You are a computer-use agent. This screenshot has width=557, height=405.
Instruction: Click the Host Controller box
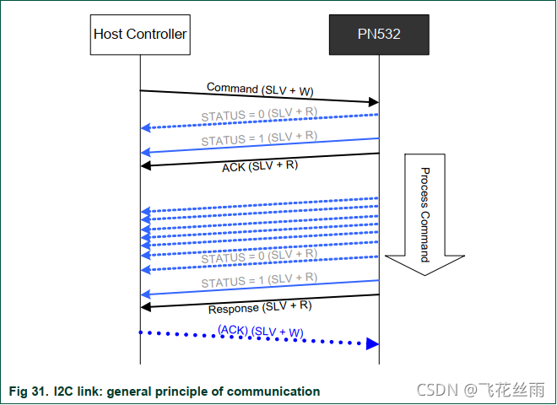[139, 35]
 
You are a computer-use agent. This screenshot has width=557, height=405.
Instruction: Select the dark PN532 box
[379, 35]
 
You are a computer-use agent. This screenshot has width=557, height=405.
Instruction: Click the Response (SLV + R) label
[260, 307]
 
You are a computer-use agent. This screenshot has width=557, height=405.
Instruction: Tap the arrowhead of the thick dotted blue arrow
[372, 343]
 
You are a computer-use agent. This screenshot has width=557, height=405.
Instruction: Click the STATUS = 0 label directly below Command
[259, 114]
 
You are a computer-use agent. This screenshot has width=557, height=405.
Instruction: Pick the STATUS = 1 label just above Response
[259, 279]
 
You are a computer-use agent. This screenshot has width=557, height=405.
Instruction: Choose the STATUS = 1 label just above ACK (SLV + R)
[259, 138]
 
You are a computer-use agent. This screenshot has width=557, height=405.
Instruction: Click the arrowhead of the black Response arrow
[145, 306]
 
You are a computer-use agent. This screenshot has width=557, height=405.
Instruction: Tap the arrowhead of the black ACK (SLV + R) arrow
[145, 165]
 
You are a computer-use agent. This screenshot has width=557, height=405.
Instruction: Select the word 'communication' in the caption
[281, 391]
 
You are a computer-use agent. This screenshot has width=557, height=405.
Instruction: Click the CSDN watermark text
[438, 390]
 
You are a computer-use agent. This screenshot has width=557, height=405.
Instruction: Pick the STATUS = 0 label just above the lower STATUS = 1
[259, 255]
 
